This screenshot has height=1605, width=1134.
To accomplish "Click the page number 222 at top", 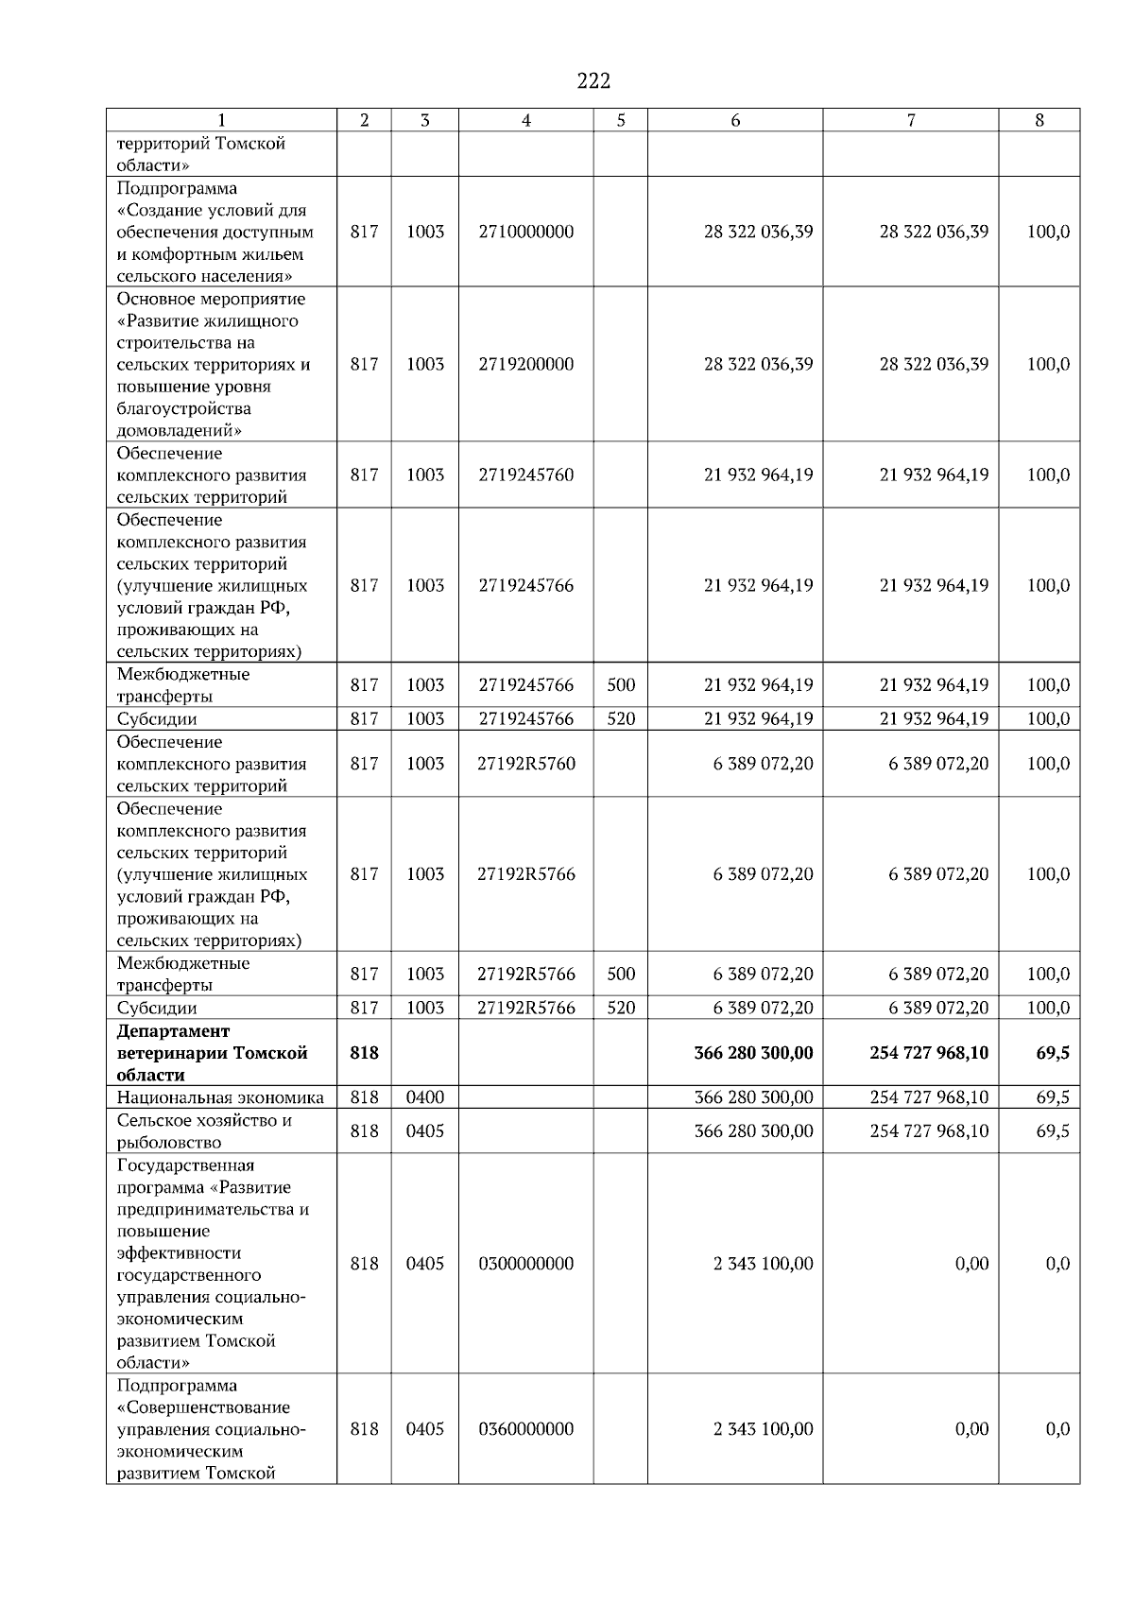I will point(593,81).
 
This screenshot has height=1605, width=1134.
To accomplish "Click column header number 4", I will point(526,120).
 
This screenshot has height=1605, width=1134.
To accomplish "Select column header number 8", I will point(1039,120).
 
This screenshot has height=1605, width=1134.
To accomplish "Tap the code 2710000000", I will point(526,232).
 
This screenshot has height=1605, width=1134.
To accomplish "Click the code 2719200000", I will point(526,364).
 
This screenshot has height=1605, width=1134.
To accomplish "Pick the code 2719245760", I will point(526,475).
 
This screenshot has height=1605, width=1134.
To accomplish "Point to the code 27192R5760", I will point(526,763).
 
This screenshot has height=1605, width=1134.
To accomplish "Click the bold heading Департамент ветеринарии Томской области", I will point(213,1052).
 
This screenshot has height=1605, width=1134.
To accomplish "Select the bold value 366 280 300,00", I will point(753,1052).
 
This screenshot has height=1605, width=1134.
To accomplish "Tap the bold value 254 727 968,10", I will point(929,1052).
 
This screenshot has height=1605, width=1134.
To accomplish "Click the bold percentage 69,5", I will point(1053,1052).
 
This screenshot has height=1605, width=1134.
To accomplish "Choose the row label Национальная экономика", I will point(220,1097).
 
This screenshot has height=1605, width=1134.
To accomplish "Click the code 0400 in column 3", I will point(425,1097).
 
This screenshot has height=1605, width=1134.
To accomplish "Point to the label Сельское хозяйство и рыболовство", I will point(204,1130).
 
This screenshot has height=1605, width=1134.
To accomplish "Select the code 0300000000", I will point(526,1264).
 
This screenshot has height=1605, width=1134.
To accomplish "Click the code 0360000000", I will point(526,1429).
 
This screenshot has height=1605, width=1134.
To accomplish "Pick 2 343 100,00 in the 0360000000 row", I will point(763,1429).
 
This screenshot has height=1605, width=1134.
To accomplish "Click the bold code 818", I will point(364,1052).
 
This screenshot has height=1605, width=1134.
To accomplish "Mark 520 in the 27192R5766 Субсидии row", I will point(621,1008).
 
